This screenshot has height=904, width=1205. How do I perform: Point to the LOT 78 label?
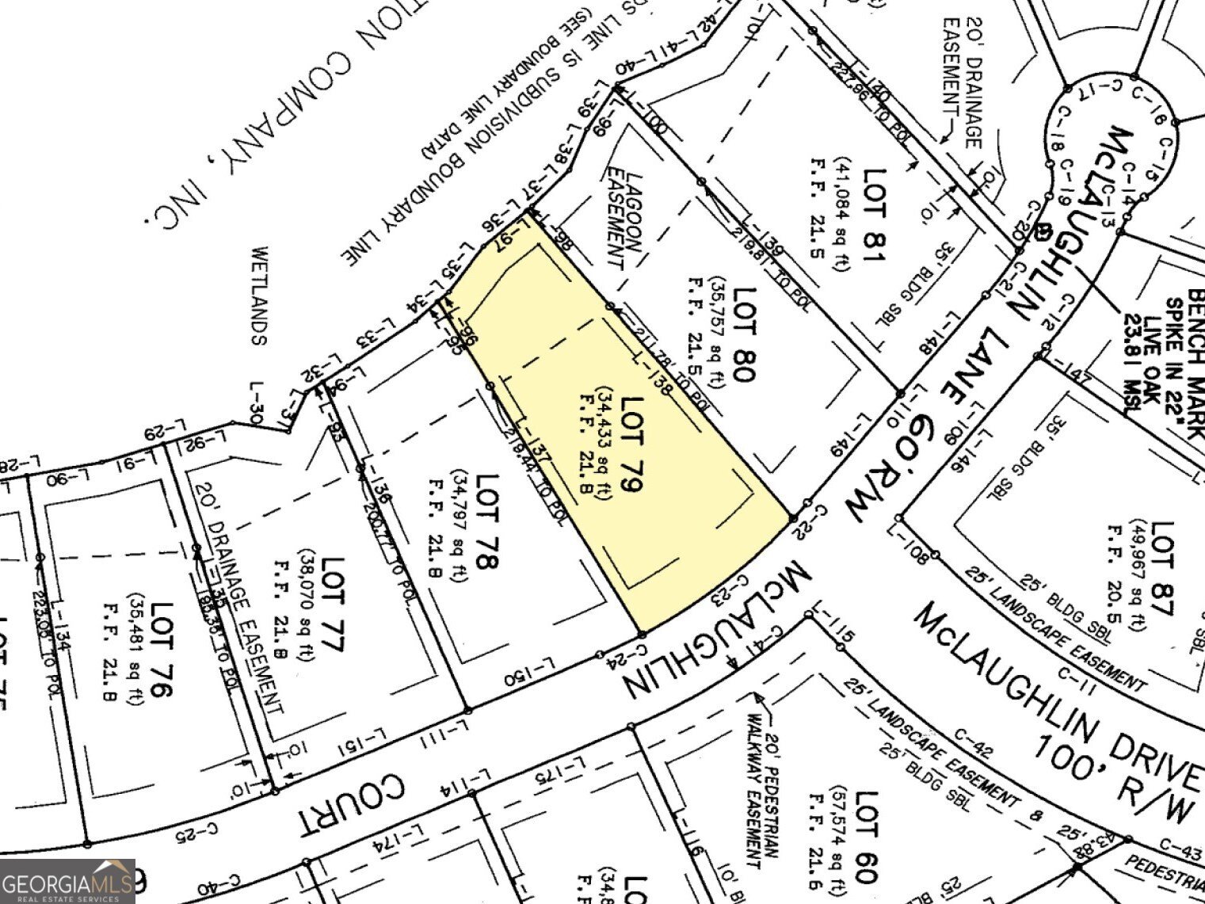486,521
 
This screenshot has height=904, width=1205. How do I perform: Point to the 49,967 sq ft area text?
1139,577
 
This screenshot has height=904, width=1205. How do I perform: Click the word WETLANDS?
259,296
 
